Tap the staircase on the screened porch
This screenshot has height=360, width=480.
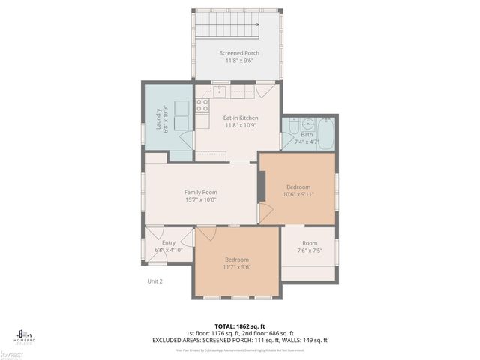[x=227, y=29]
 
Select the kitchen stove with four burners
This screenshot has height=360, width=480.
[x=202, y=105]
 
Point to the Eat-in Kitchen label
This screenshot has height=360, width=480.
[x=241, y=118]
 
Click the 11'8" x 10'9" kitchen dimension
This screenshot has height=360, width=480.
[x=241, y=125]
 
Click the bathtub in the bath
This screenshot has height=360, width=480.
[x=326, y=133]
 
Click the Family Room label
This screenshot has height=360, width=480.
[x=200, y=193]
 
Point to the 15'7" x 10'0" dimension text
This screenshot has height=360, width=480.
[x=200, y=200]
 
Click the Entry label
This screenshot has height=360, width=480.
[x=169, y=242]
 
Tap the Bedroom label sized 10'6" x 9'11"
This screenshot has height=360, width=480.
[x=298, y=187]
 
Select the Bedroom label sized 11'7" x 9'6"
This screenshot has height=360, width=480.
[x=237, y=259]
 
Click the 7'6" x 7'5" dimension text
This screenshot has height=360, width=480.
[x=310, y=250]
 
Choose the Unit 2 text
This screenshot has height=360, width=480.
[x=154, y=281]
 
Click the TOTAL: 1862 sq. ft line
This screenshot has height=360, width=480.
[x=240, y=325]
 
